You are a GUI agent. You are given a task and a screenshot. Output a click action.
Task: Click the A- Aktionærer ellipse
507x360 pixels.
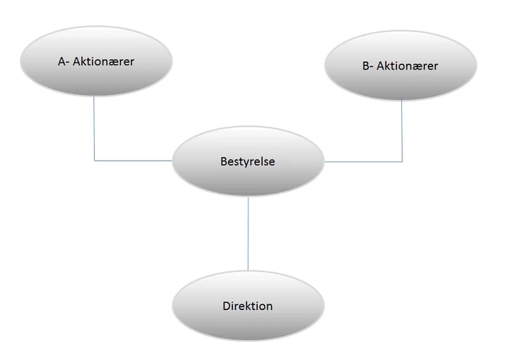(x=96, y=61)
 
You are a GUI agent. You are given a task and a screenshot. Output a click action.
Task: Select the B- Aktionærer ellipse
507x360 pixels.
(x=401, y=65)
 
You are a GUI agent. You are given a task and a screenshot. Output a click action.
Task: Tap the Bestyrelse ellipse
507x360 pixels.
(x=248, y=161)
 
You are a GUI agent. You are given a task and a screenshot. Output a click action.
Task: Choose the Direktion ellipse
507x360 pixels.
(x=248, y=306)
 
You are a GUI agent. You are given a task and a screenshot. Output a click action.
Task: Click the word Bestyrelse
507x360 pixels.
(x=248, y=162)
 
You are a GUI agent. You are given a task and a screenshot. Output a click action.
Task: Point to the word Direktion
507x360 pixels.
(x=248, y=306)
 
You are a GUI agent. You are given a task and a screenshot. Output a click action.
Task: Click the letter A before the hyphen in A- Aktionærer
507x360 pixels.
(x=62, y=62)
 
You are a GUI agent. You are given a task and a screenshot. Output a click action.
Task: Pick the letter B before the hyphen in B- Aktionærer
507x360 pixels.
(x=366, y=66)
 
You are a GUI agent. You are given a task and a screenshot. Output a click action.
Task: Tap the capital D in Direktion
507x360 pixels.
(x=226, y=306)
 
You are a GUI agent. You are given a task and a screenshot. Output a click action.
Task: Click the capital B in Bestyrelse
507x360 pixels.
(x=224, y=162)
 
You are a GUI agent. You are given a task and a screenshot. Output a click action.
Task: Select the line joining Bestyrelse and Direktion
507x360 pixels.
(x=248, y=233)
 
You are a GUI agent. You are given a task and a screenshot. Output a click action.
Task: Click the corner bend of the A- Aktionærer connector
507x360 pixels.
(x=94, y=160)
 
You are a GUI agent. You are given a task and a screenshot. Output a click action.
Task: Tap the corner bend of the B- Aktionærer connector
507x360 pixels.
(x=402, y=162)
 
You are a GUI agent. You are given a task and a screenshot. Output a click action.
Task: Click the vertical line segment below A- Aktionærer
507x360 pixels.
(x=94, y=128)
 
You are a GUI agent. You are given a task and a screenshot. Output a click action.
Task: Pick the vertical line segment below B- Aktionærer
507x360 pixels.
(x=402, y=131)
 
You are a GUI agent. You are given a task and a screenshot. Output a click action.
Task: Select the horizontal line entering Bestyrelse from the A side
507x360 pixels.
(x=133, y=160)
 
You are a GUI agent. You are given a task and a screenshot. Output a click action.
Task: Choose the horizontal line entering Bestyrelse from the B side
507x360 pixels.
(x=364, y=162)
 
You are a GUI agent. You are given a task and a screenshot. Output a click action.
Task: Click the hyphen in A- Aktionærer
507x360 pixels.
(x=67, y=63)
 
